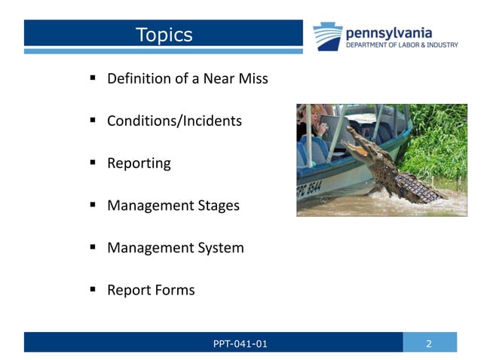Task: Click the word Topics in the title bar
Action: pyautogui.click(x=164, y=35)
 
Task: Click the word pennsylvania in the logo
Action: pyautogui.click(x=388, y=32)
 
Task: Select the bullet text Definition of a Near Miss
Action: pyautogui.click(x=187, y=78)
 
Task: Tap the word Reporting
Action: pyautogui.click(x=139, y=163)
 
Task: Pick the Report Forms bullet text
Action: pyautogui.click(x=151, y=289)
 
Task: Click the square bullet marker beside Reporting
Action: pyautogui.click(x=92, y=163)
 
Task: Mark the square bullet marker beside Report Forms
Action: pyautogui.click(x=92, y=289)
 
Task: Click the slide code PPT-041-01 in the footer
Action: pyautogui.click(x=240, y=344)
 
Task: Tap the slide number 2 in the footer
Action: pyautogui.click(x=429, y=344)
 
